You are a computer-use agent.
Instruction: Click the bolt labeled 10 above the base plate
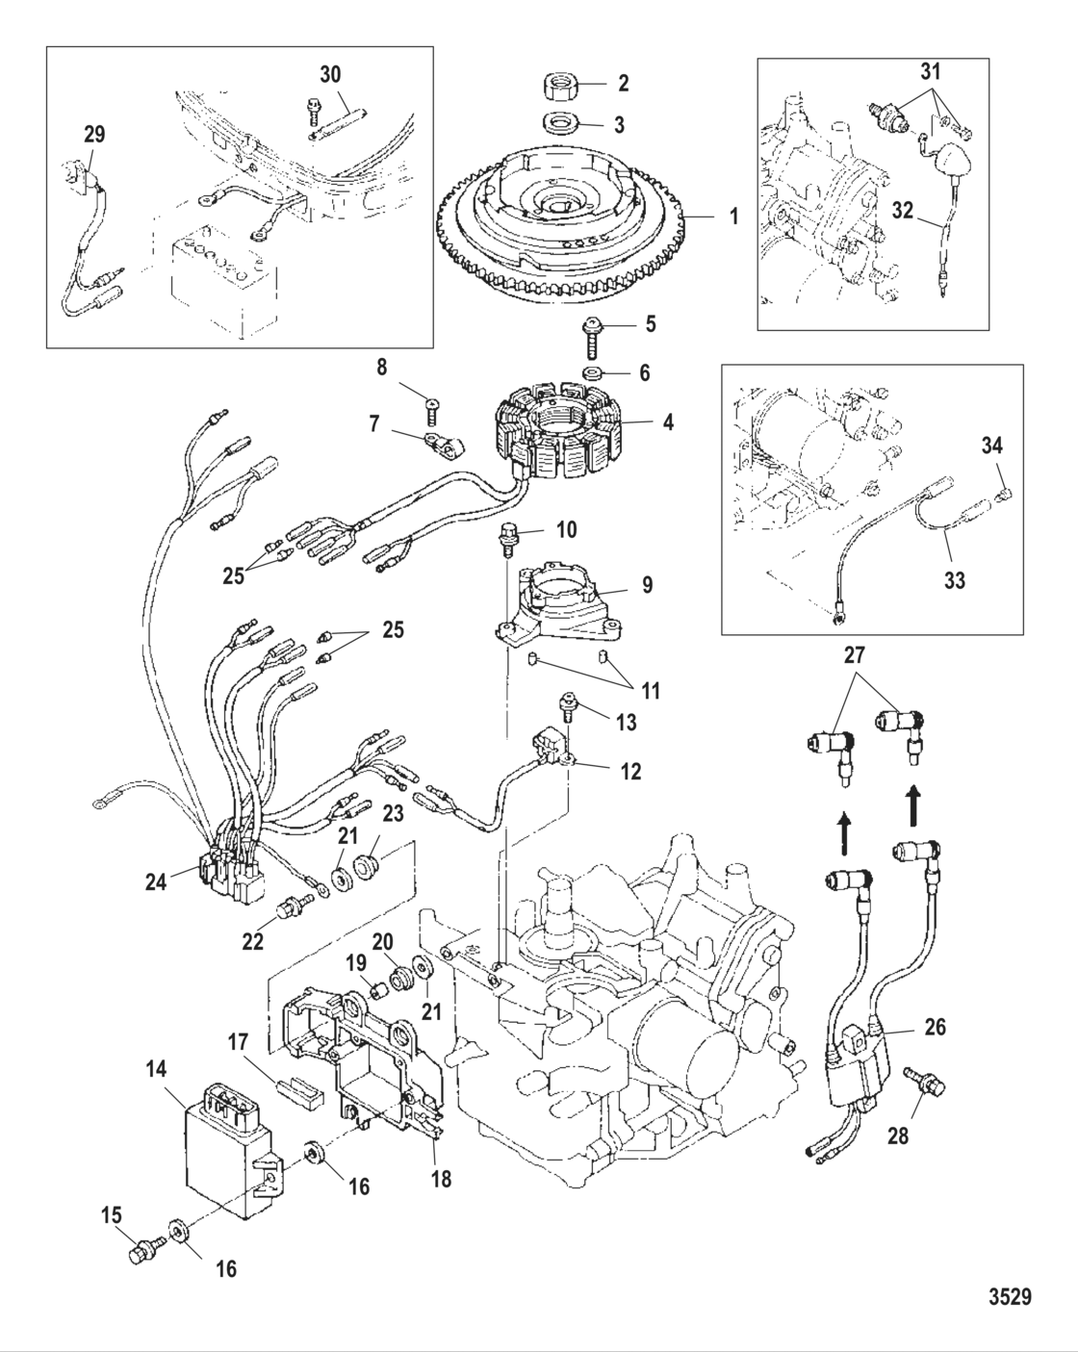pyautogui.click(x=508, y=536)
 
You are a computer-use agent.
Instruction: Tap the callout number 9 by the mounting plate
pyautogui.click(x=647, y=584)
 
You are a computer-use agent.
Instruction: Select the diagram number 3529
pyautogui.click(x=1010, y=1297)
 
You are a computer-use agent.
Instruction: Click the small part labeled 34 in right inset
pyautogui.click(x=1004, y=495)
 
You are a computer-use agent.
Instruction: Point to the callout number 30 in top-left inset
pyautogui.click(x=331, y=74)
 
